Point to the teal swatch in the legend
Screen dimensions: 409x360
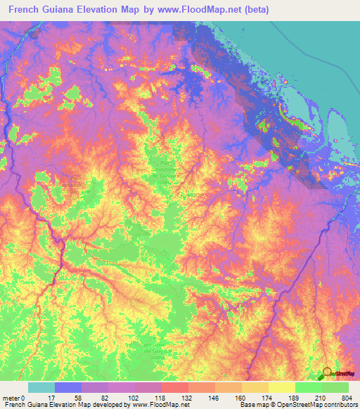[x=41, y=387]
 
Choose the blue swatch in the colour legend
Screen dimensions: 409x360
[x=67, y=387]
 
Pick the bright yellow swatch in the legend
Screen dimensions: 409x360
[x=281, y=387]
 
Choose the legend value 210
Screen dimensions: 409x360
[x=321, y=397]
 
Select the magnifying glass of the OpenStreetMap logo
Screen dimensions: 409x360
[x=327, y=372]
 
